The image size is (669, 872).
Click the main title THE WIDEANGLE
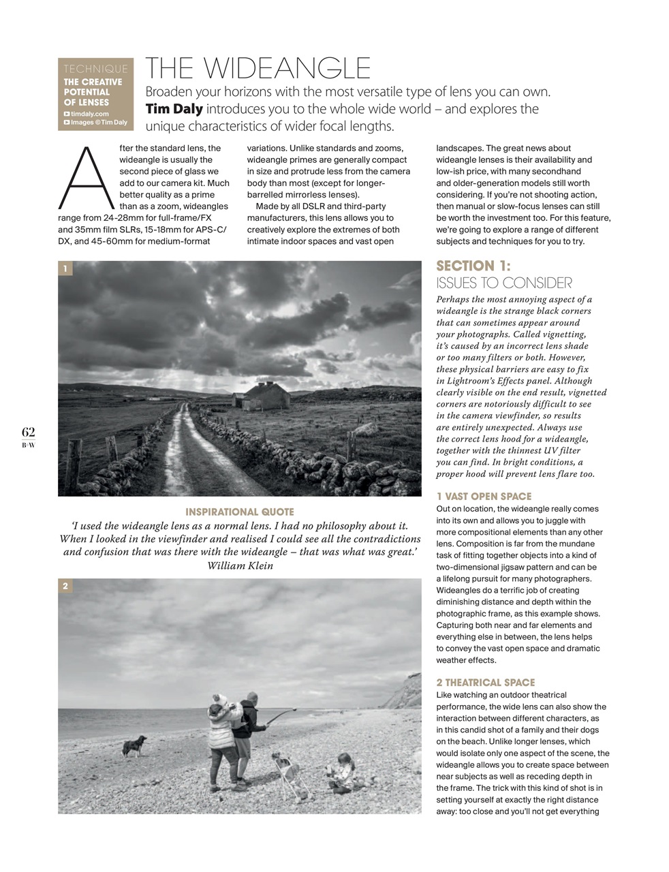[258, 69]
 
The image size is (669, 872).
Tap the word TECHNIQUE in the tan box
[95, 69]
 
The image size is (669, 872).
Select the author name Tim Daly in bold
[174, 109]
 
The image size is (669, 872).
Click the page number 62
[29, 432]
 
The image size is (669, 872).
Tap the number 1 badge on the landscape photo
[65, 269]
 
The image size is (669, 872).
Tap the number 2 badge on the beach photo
[65, 587]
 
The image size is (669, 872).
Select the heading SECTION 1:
[473, 266]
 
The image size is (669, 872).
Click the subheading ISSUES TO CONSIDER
[504, 283]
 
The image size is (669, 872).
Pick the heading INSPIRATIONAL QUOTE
[240, 512]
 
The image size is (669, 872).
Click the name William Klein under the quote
[240, 565]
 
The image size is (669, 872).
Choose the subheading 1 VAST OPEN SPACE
[484, 497]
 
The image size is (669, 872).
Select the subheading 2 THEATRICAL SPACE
[486, 683]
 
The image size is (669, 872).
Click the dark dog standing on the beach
[134, 745]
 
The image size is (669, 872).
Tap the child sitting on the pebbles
[340, 773]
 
